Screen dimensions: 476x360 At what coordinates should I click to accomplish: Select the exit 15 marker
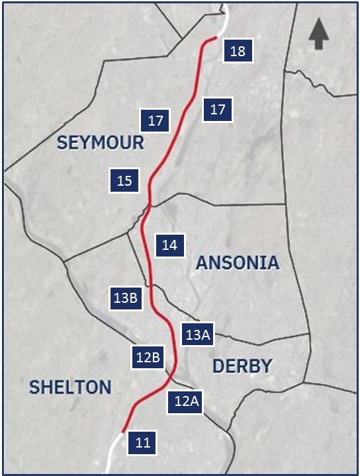tap(124, 180)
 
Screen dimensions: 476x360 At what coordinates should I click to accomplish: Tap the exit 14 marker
tap(169, 245)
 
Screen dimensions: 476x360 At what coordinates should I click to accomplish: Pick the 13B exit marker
tap(125, 298)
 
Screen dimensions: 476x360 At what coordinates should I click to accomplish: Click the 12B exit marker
tap(148, 358)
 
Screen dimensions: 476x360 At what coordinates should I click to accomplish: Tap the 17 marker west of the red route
tap(156, 121)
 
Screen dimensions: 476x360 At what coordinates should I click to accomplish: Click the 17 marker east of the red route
tap(218, 110)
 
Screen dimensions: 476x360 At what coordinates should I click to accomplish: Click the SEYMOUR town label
tap(100, 142)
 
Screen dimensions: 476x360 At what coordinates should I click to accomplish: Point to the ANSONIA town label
tap(238, 263)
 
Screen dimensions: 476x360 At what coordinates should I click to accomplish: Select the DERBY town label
tap(242, 366)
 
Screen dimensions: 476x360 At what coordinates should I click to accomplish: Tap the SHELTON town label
tap(70, 387)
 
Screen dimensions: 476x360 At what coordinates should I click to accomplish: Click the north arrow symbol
tap(319, 34)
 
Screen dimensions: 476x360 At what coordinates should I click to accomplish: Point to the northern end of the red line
tap(215, 38)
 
